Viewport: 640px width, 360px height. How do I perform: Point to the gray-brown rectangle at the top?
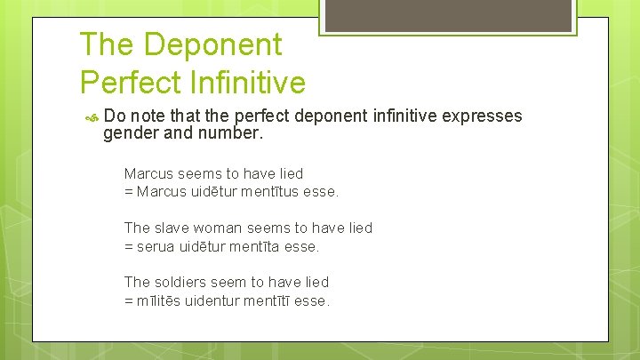446,14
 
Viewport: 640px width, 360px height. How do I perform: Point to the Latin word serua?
156,246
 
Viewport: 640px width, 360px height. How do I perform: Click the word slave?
171,228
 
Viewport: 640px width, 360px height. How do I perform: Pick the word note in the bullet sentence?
152,116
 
